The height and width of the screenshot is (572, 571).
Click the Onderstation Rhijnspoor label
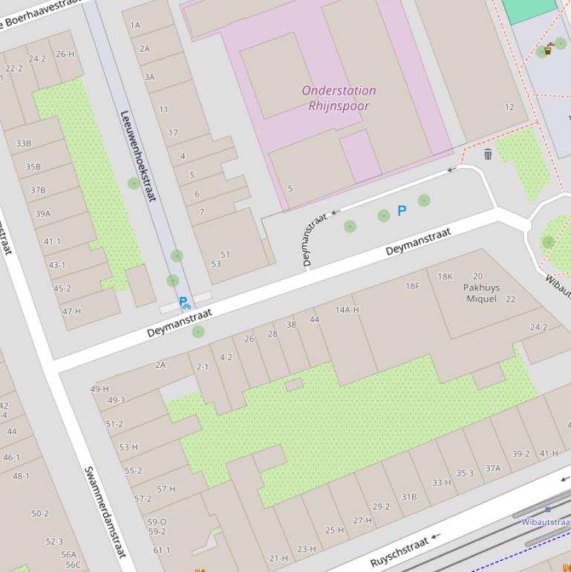339,98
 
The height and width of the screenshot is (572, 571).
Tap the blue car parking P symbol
402,211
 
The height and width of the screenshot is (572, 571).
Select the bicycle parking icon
184,303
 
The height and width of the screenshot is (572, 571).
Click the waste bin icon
488,154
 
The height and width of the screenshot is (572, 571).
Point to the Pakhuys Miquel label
481,293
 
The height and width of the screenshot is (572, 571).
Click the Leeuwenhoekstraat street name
138,156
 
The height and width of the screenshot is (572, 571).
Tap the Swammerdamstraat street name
105,513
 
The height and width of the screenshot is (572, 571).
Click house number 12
509,107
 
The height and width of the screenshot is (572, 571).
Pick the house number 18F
412,286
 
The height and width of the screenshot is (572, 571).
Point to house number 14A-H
347,310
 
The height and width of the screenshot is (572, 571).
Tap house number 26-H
65,53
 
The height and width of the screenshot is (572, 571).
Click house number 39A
42,214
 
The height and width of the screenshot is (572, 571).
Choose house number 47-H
71,311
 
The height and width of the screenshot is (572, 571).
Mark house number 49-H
99,389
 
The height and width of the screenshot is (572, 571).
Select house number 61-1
161,550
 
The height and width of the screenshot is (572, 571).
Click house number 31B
409,497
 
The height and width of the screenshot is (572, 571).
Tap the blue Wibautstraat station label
545,522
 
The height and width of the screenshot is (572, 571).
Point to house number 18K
445,276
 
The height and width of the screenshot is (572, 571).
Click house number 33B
23,143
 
